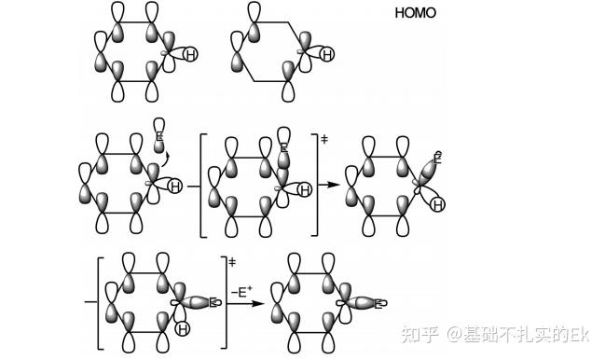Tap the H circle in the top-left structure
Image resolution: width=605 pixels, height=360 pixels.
(190, 56)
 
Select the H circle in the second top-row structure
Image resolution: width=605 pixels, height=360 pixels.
(326, 56)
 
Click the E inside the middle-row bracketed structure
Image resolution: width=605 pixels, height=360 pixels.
(285, 146)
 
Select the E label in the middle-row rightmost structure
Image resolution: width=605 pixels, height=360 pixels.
(438, 159)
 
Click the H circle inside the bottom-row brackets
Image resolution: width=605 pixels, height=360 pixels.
(185, 327)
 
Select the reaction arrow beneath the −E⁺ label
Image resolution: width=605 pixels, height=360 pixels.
(245, 302)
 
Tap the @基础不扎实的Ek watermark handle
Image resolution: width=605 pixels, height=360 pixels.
(518, 333)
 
